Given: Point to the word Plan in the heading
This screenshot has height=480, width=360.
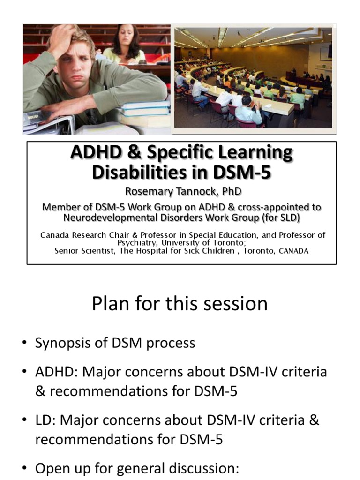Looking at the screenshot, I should pos(110,304).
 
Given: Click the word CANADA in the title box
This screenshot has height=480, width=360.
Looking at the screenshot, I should pos(294,251).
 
